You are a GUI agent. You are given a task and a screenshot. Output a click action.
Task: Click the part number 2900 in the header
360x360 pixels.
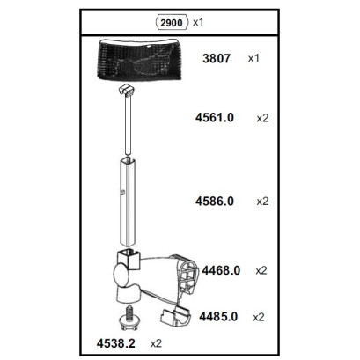(x=172, y=23)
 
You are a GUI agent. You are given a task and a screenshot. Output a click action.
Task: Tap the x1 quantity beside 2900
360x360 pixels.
(x=198, y=22)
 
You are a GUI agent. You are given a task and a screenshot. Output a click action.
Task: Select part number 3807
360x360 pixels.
(x=217, y=58)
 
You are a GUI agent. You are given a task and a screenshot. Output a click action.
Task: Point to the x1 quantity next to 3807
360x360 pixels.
(x=253, y=58)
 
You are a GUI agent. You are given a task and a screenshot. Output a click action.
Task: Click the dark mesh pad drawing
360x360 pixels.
(x=139, y=60)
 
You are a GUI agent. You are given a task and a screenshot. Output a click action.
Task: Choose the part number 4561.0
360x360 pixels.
(x=215, y=118)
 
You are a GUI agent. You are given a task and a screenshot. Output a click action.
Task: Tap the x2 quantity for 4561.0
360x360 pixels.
(x=262, y=118)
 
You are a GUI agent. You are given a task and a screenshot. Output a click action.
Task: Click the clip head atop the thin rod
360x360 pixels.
(x=127, y=90)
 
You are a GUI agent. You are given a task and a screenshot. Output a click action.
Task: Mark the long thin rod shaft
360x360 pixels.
(x=128, y=125)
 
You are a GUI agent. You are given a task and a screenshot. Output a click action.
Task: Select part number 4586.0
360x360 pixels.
(x=215, y=202)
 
